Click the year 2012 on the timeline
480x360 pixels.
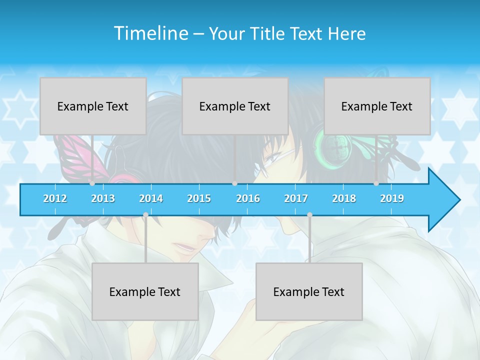click(x=55, y=198)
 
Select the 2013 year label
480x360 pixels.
click(x=103, y=198)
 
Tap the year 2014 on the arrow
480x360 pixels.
click(x=151, y=198)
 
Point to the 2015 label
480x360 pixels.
click(x=199, y=198)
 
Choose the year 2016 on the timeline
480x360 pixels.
click(x=248, y=198)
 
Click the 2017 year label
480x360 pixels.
click(x=296, y=198)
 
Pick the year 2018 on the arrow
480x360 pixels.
click(x=344, y=198)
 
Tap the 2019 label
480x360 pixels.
click(x=392, y=198)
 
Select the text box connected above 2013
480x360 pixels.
click(x=93, y=106)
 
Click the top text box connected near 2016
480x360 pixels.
click(x=235, y=106)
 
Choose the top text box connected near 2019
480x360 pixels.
click(x=377, y=106)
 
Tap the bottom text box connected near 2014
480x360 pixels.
click(x=145, y=291)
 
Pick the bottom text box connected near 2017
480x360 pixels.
click(x=309, y=291)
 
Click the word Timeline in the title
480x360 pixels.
click(x=150, y=33)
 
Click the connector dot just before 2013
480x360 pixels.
click(x=92, y=183)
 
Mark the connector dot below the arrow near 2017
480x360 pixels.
click(x=309, y=215)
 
